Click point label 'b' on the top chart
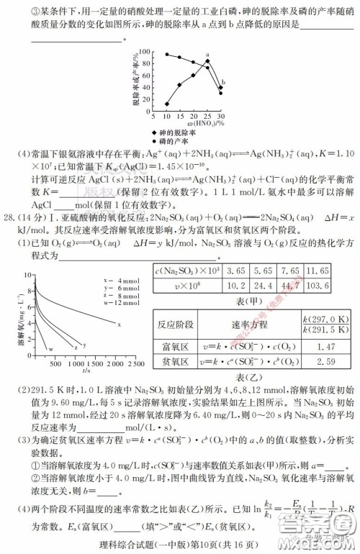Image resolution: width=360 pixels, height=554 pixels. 223,81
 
